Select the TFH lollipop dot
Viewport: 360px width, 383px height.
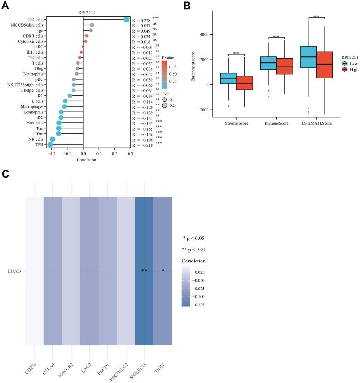click(50, 145)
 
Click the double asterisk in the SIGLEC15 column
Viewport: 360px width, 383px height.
click(144, 270)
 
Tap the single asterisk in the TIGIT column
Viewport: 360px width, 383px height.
click(163, 270)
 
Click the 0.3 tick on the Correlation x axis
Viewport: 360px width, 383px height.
click(130, 155)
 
